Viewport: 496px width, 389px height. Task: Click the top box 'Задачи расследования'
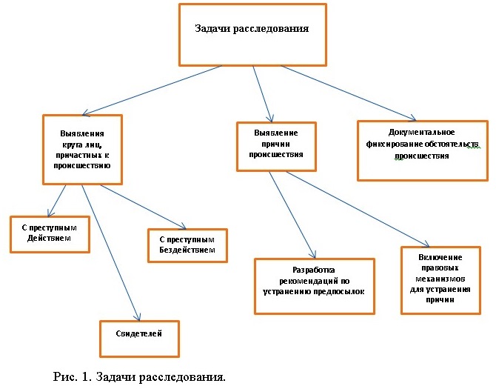(x=252, y=35)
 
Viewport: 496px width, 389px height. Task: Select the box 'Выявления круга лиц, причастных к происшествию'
(x=82, y=150)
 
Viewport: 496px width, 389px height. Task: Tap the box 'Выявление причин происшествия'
(x=276, y=147)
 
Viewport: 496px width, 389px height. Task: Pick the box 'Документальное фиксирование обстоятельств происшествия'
(x=423, y=150)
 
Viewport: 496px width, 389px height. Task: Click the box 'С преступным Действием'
(x=50, y=235)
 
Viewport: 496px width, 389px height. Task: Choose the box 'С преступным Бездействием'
(x=187, y=245)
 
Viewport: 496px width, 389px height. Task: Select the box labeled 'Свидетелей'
(x=139, y=339)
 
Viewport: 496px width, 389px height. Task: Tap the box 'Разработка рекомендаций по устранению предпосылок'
(x=315, y=287)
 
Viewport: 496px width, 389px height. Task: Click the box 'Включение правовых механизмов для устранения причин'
(x=440, y=280)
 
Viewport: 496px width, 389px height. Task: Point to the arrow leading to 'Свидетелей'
(x=111, y=253)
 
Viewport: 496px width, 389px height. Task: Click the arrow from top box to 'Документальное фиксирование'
(x=348, y=93)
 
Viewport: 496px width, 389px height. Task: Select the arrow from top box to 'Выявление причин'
(x=262, y=94)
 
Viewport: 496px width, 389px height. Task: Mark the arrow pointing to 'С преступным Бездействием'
(x=144, y=207)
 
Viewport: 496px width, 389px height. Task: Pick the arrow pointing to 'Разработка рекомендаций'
(x=292, y=215)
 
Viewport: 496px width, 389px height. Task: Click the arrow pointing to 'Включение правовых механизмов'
(x=358, y=209)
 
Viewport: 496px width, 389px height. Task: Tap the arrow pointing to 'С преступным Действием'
(x=56, y=201)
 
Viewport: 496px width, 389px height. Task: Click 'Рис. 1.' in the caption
(x=73, y=377)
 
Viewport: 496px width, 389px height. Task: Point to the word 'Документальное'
(x=422, y=133)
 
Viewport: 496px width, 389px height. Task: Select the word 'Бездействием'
(x=187, y=250)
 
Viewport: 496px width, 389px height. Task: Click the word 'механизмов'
(x=440, y=279)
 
